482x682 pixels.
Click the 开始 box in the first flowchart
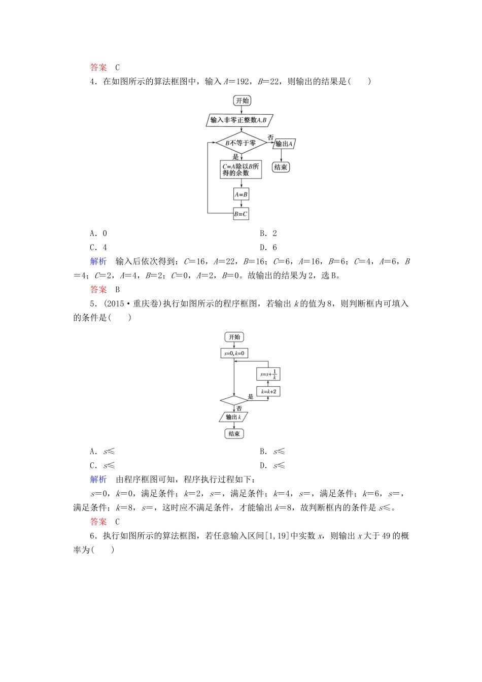point(243,100)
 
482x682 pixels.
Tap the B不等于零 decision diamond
point(241,143)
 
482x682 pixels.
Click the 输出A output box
point(284,144)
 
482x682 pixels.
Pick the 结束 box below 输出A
point(281,167)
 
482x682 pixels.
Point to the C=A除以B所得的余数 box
point(241,169)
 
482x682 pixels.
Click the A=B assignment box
point(241,194)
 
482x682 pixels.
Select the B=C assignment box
point(241,214)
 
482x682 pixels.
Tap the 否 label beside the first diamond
point(270,138)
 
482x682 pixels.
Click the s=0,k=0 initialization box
point(234,353)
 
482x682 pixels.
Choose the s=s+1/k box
point(268,374)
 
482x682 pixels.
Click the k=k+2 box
point(268,392)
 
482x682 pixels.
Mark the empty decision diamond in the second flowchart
point(234,401)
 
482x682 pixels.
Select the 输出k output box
point(234,417)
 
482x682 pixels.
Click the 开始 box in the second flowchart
point(234,337)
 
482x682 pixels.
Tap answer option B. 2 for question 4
point(268,233)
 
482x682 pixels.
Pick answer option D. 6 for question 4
point(268,248)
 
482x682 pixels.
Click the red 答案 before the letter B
point(98,290)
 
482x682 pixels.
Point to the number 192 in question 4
point(244,81)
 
